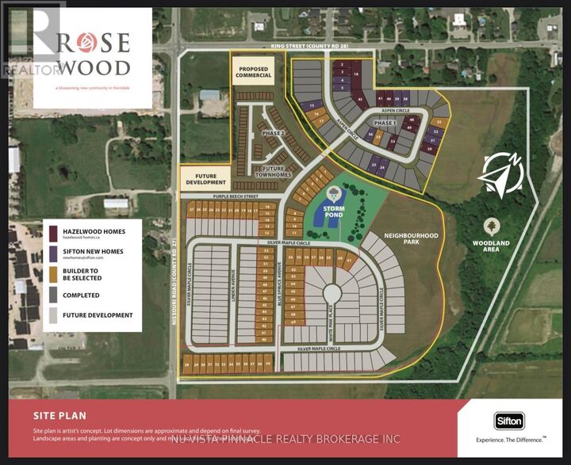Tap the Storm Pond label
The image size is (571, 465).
point(332,211)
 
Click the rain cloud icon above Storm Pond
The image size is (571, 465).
point(332,193)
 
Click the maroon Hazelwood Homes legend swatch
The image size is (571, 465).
point(53,233)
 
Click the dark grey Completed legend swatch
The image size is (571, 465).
point(53,295)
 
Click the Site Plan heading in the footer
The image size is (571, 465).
point(59,414)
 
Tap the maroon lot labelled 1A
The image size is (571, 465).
point(357,74)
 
